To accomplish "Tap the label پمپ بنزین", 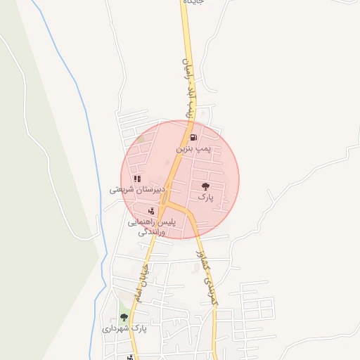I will (x=193, y=150).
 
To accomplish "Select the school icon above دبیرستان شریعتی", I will (x=137, y=179).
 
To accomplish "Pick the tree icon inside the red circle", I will (x=205, y=186).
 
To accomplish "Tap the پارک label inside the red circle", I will (x=205, y=199).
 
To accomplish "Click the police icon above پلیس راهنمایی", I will (x=151, y=211).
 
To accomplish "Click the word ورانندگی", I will (x=151, y=231).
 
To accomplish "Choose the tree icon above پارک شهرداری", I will (x=124, y=317).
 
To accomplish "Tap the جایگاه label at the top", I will (x=193, y=3).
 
